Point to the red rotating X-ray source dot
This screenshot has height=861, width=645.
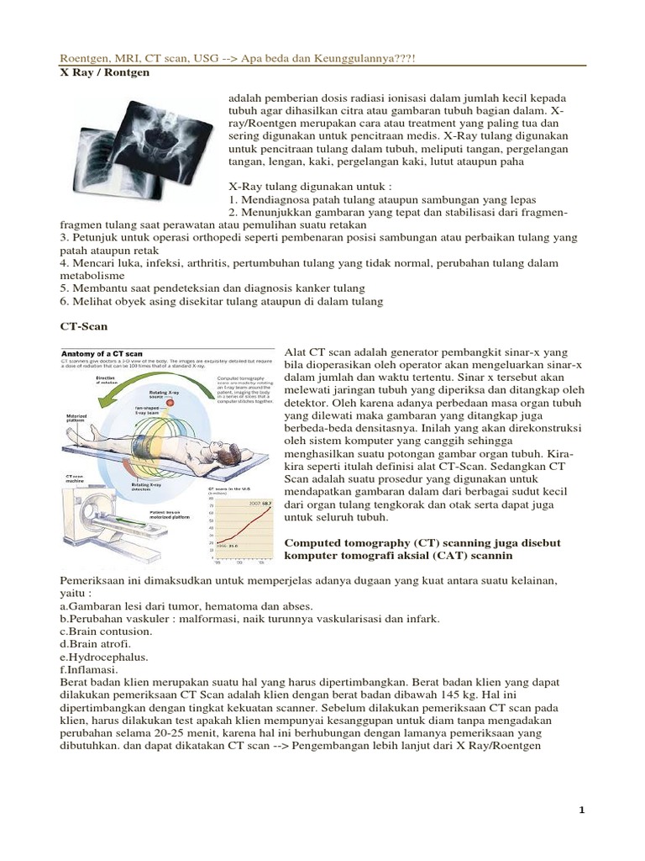[x=169, y=402]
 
